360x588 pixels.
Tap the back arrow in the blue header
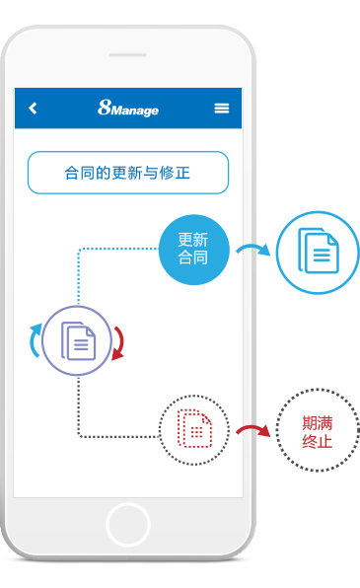33,109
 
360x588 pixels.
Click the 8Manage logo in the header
128,109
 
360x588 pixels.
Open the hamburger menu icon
222,109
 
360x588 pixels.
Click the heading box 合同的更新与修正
127,173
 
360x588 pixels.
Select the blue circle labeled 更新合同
193,250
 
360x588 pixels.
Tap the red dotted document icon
194,428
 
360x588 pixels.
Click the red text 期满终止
318,431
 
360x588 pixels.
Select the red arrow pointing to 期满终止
252,431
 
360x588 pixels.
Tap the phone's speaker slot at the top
127,55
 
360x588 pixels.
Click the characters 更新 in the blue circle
193,240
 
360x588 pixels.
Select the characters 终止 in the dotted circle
318,441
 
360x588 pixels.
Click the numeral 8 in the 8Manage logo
104,109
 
